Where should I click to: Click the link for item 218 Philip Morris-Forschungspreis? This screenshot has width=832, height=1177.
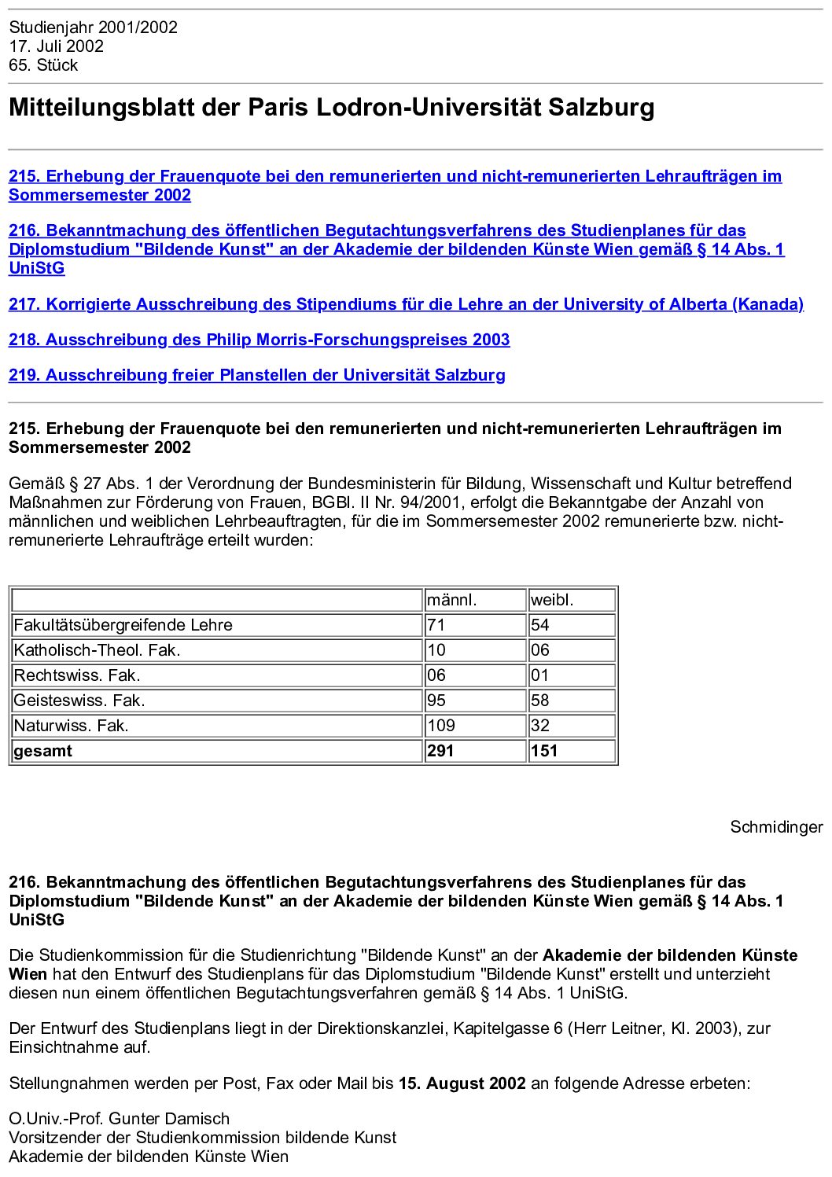click(x=259, y=340)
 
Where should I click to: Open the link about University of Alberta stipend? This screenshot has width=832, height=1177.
click(x=406, y=304)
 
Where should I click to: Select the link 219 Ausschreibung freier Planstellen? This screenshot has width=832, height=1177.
click(x=256, y=375)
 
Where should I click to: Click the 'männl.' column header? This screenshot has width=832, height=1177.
click(x=452, y=600)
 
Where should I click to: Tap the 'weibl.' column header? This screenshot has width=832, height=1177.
click(x=552, y=600)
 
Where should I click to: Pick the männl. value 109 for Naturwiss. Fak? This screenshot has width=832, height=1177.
click(x=441, y=726)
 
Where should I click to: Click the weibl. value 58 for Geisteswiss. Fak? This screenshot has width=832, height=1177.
click(x=540, y=701)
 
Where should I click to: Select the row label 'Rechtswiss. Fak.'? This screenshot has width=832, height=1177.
click(x=77, y=675)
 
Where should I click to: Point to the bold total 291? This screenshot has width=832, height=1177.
click(x=440, y=751)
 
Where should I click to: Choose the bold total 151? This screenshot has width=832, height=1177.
click(x=543, y=751)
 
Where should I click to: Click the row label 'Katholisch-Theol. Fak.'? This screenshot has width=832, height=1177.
click(x=98, y=650)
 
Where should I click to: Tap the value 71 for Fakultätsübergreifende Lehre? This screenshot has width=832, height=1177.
click(x=436, y=625)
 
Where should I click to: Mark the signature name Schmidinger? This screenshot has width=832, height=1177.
click(x=776, y=827)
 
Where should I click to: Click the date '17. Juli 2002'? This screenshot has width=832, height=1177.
click(x=56, y=46)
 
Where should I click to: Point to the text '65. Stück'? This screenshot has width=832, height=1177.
click(x=43, y=65)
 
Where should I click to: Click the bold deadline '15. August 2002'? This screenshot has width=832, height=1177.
click(x=462, y=1083)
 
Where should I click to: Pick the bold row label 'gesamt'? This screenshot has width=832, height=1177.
click(x=42, y=751)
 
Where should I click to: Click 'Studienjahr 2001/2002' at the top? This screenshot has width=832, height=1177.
click(x=93, y=28)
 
